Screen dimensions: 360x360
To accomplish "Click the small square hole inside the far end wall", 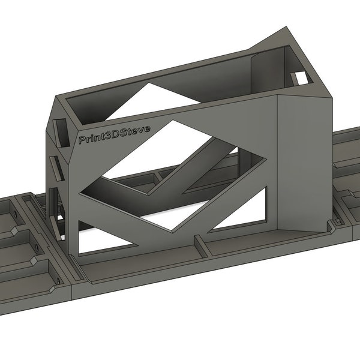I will [x=299, y=78].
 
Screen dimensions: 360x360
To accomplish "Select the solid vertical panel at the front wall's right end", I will [x=300, y=162].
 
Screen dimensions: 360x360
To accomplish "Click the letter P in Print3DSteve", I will [x=82, y=140].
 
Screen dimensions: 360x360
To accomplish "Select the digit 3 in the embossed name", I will [x=105, y=136].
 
